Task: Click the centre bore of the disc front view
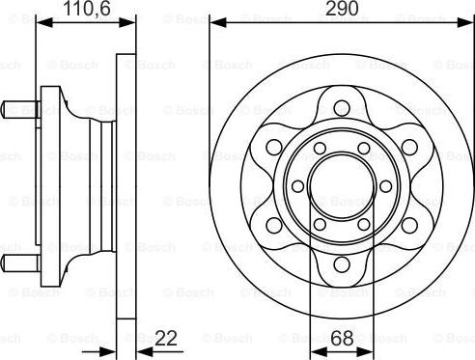[340, 181]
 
